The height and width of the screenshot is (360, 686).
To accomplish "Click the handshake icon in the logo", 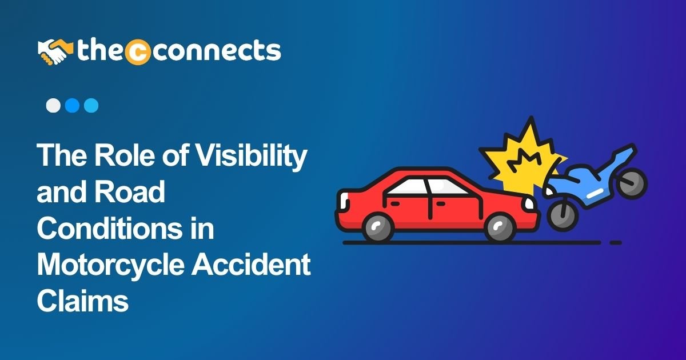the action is tap(55, 52).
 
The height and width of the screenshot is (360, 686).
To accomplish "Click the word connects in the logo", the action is tap(216, 51).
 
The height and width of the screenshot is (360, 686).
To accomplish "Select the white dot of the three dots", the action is tap(53, 106).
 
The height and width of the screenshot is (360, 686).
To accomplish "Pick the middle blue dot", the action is tap(72, 106).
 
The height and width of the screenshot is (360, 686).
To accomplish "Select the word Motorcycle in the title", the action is tap(110, 265).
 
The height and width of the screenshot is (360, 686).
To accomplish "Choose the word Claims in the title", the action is tap(83, 301).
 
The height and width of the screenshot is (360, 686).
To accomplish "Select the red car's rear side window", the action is tap(408, 186).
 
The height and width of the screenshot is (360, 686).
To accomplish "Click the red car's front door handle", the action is tap(440, 203).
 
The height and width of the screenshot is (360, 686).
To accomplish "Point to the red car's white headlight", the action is tap(529, 203).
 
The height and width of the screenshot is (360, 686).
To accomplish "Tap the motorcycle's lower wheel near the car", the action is tap(563, 214).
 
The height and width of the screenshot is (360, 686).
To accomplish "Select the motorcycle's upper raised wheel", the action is tap(632, 183).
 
